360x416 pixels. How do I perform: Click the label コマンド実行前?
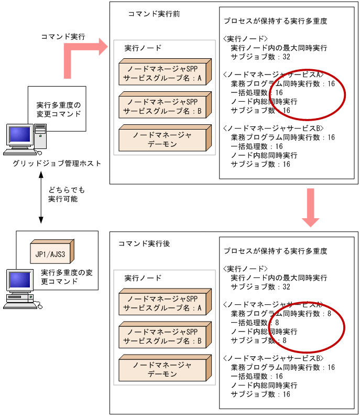tap(154, 14)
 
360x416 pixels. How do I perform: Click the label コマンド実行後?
tap(144, 244)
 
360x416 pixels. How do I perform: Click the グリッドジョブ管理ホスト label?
tap(58, 164)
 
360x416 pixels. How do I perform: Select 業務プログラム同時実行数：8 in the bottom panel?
tap(281, 314)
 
